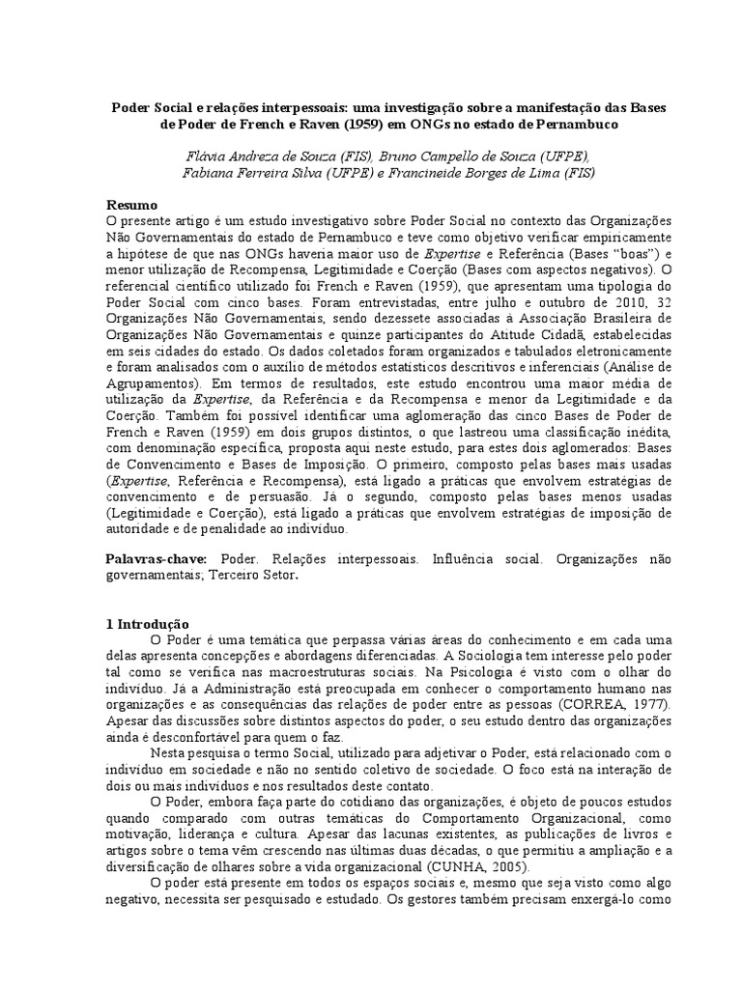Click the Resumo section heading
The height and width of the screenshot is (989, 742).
[x=130, y=205]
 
